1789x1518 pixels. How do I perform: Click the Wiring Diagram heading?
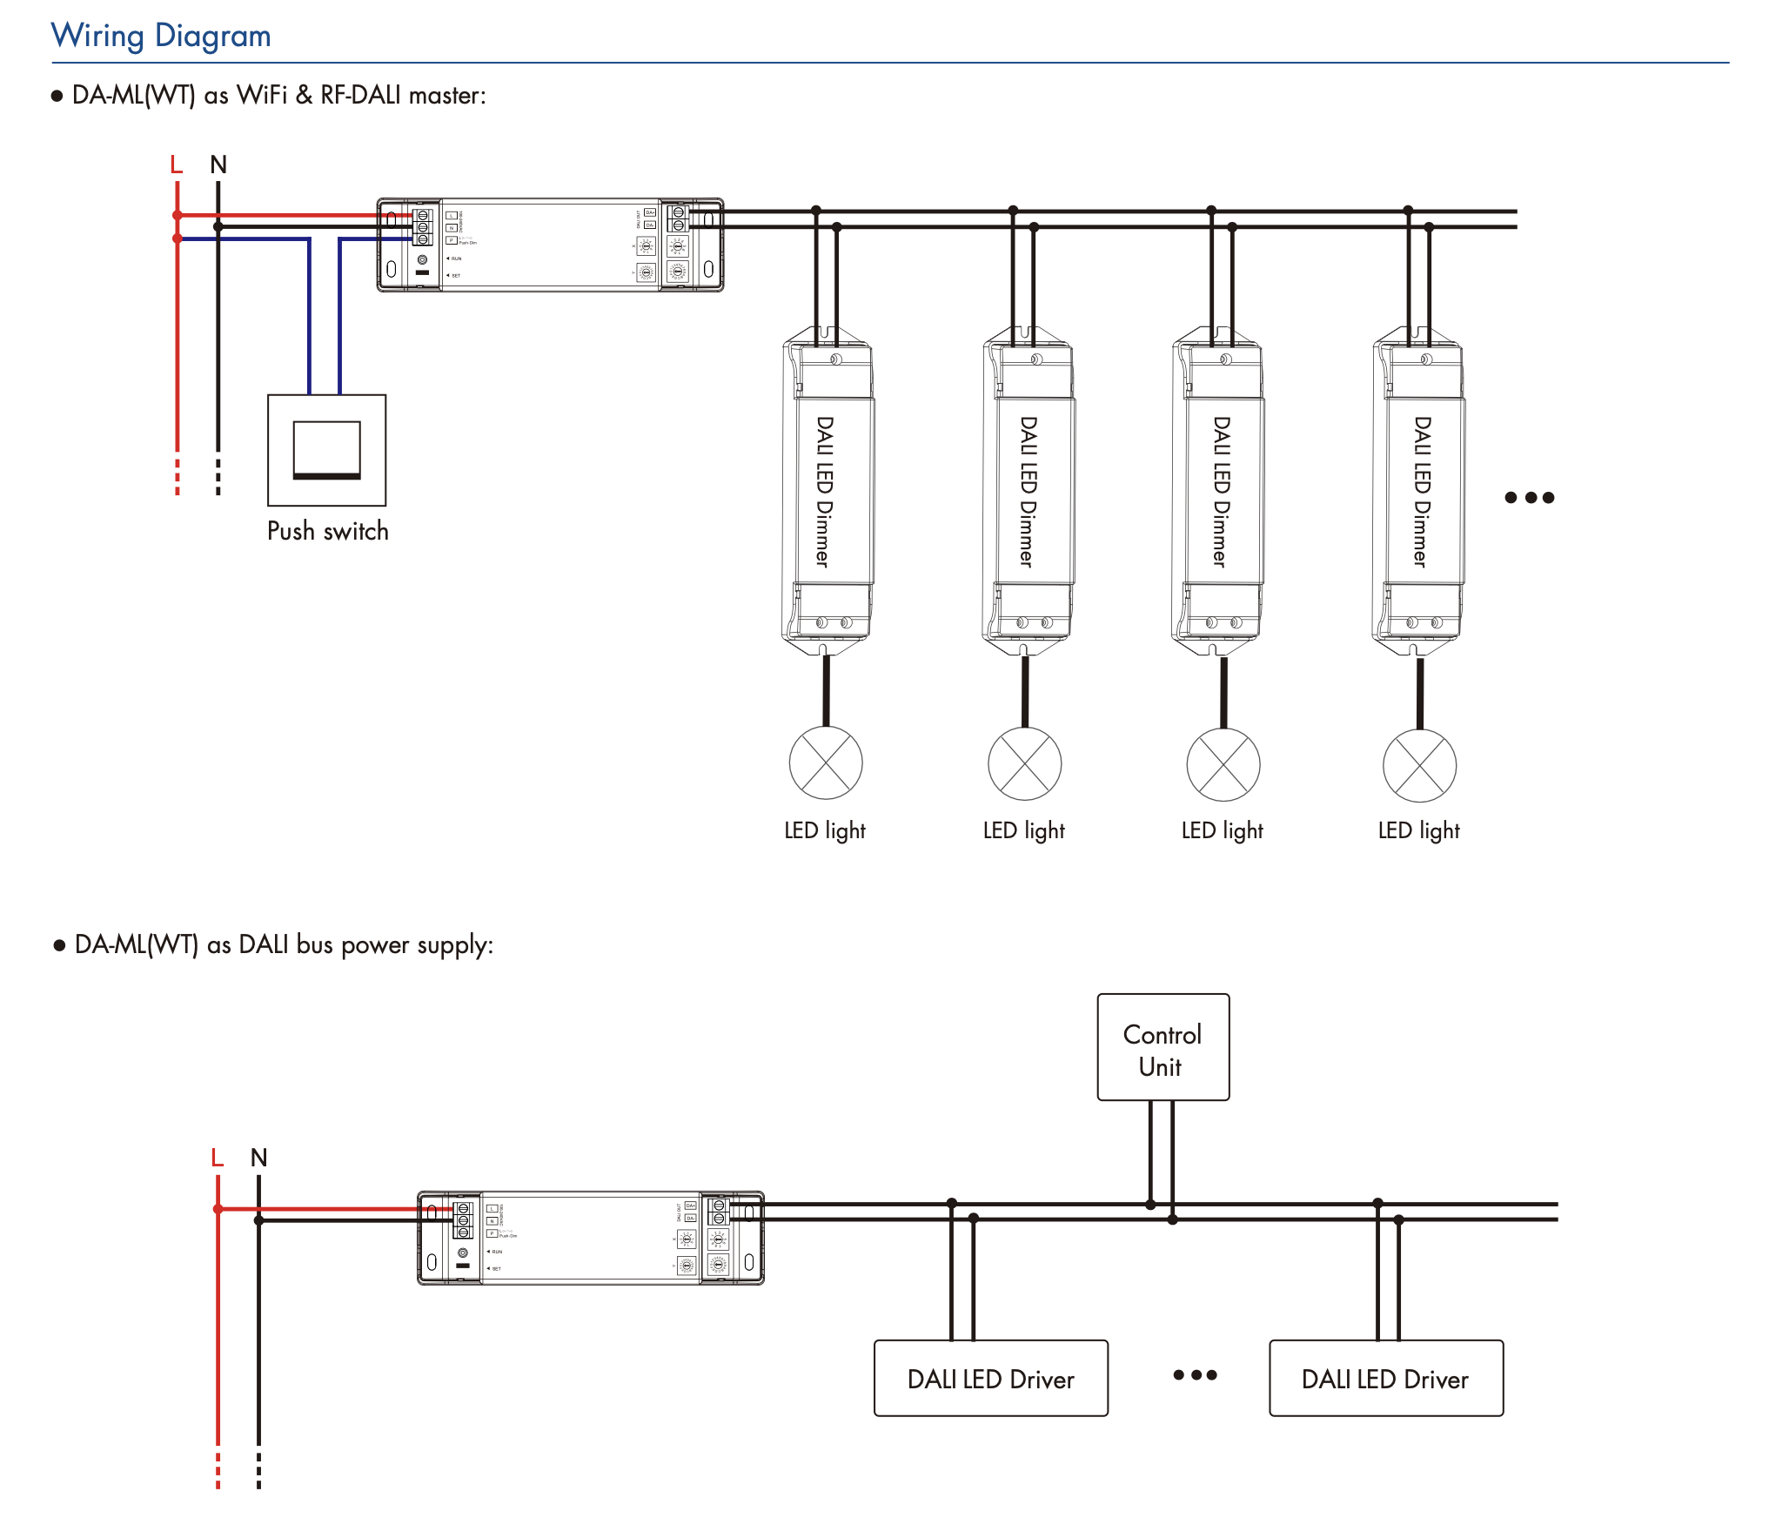161,36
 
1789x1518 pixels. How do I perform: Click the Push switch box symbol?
326,450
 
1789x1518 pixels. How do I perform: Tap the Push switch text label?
327,531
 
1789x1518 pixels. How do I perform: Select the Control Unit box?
1163,1047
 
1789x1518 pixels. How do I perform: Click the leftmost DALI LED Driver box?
990,1379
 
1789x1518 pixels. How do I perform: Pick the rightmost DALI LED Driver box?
1385,1379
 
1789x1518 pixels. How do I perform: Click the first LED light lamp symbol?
826,763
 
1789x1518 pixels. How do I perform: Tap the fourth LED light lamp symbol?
1419,766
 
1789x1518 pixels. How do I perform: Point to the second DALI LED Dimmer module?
1028,492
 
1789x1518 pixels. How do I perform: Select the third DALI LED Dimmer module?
1218,492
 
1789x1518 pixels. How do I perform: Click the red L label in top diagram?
177,165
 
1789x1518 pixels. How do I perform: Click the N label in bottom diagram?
258,1158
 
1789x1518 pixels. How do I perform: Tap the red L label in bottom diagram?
218,1158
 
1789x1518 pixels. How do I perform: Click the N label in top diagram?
218,165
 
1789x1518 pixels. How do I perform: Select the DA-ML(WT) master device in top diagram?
550,245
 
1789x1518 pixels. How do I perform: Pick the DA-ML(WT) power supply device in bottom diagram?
591,1238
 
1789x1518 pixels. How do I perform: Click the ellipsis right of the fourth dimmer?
1529,498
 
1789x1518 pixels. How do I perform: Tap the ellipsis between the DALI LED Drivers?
1195,1375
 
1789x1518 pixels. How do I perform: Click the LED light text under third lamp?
1222,830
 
